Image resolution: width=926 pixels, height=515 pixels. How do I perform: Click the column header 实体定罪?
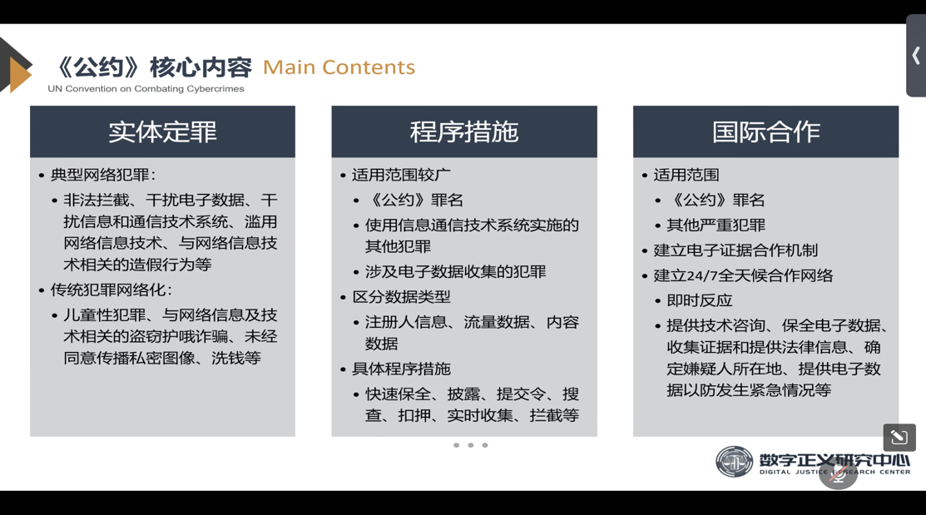coord(162,131)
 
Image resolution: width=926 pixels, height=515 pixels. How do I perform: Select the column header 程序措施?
coord(464,131)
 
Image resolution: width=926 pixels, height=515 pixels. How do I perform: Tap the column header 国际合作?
coord(766,131)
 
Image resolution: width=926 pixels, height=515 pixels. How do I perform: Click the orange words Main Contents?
coord(339,67)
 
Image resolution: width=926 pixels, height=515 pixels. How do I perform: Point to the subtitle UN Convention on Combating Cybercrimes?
coord(146,88)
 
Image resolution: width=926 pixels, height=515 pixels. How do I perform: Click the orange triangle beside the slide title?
coord(20,74)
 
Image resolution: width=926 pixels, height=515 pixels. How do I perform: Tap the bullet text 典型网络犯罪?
coord(101,175)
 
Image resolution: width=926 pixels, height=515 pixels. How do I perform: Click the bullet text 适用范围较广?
coord(401,175)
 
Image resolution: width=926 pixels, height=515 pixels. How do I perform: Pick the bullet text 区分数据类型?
coord(401,296)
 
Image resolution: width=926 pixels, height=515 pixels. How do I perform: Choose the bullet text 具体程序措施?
coord(401,369)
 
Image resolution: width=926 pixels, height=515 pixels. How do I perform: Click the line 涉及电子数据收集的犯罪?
coord(455,272)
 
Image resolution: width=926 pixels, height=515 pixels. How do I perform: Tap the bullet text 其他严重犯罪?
coord(716,225)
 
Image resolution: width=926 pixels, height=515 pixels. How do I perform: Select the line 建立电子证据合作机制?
coord(735,250)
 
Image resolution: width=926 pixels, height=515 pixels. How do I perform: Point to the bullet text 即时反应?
coord(699,300)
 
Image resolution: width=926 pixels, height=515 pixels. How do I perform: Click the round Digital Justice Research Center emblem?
coord(734,462)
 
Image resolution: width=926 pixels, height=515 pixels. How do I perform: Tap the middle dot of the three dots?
coord(471,445)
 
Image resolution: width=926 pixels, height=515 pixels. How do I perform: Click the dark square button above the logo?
coord(899,437)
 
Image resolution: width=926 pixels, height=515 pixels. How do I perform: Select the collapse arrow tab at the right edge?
coord(916,56)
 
